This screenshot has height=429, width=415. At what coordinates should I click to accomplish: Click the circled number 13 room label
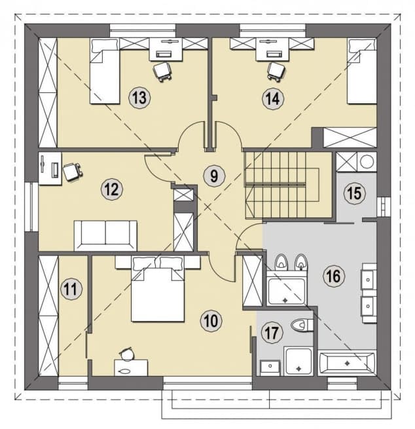tap(139, 98)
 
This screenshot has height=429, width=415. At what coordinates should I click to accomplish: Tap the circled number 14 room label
tap(272, 98)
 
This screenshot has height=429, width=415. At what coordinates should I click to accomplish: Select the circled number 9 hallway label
tap(214, 176)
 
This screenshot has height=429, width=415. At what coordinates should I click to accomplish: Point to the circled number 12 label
tap(112, 189)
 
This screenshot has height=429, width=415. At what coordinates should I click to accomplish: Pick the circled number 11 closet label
tap(71, 289)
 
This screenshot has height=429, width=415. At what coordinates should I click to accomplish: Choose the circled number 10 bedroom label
tap(211, 320)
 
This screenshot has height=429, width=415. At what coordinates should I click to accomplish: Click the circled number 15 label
tap(355, 193)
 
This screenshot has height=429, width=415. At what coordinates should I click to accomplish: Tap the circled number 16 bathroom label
tap(334, 276)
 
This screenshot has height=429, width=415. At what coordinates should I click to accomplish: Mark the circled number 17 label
tap(272, 333)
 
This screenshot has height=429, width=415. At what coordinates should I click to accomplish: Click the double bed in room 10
tap(158, 289)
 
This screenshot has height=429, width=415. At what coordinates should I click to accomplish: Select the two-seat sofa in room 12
tap(105, 236)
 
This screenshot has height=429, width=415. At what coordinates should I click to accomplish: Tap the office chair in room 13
tap(162, 71)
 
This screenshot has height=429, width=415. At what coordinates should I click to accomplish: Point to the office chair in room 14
tap(277, 71)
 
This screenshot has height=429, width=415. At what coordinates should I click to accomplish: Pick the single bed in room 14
tap(361, 71)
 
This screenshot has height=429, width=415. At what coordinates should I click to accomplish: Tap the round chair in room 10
tap(127, 354)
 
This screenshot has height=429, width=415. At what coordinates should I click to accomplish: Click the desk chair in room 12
tap(72, 171)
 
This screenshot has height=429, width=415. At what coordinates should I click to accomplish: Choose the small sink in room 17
tap(270, 367)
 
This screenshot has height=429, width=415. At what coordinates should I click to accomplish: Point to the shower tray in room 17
tap(298, 361)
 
